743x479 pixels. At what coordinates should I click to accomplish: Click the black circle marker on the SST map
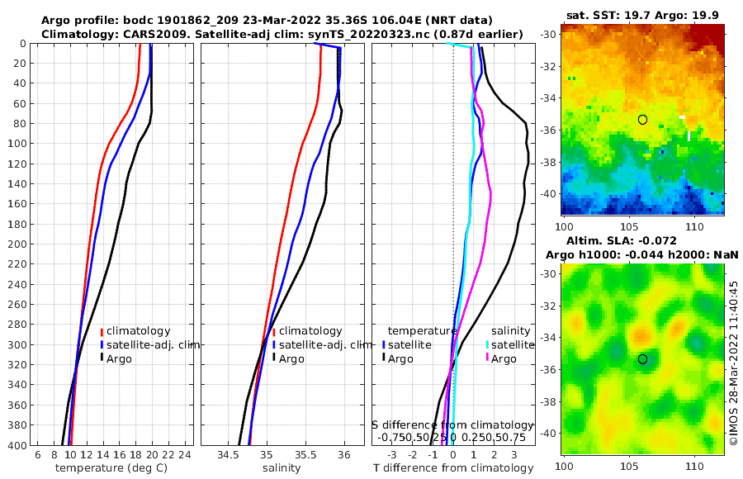642,120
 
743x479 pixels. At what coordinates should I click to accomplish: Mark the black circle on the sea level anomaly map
642,359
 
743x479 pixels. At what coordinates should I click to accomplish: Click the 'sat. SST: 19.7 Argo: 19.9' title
641,14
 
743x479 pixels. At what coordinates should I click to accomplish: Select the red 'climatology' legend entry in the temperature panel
137,331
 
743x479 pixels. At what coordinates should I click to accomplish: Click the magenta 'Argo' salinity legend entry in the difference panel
503,358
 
